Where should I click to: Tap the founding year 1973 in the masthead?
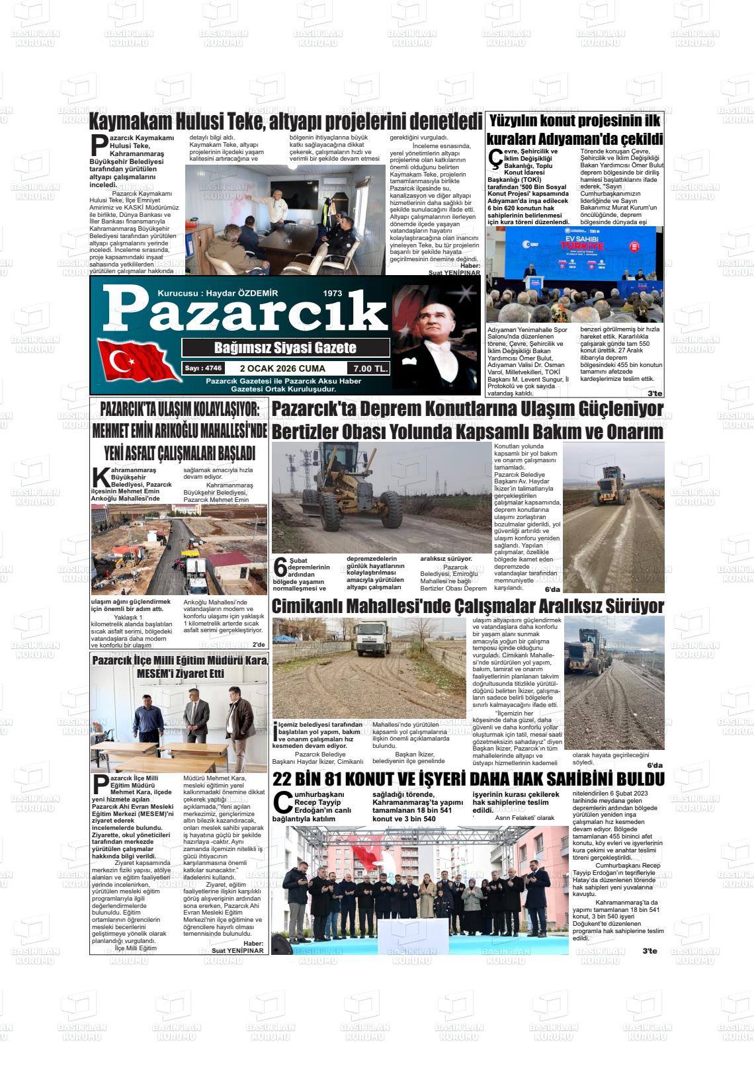click(x=333, y=293)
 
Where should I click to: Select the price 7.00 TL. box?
click(x=370, y=369)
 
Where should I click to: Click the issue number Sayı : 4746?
click(x=203, y=368)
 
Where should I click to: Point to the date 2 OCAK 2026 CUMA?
click(x=282, y=369)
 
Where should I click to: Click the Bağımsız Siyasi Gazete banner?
click(x=285, y=348)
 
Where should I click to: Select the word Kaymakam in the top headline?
click(x=130, y=122)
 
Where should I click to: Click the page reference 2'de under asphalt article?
click(x=258, y=645)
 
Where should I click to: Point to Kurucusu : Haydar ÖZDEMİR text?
click(x=218, y=293)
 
